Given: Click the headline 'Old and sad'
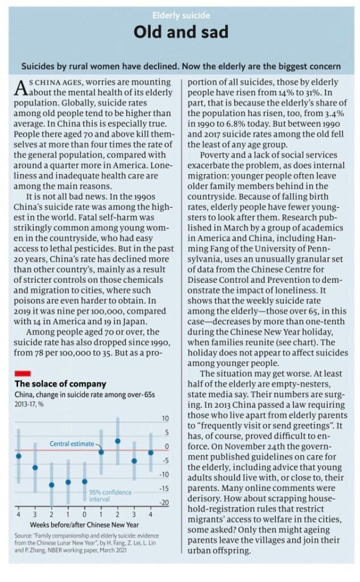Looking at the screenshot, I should pos(180,32).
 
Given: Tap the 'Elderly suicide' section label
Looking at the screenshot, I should pos(180,15).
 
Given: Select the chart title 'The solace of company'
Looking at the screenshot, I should pos(60,383).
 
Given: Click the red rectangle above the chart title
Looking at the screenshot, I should pos(22,372).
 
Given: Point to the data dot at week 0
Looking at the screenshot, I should pos(85,481).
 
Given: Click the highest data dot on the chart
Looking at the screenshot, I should pos(118,441).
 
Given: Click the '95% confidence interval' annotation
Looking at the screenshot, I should pos(110,496).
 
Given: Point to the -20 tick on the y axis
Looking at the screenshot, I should pos(164,502).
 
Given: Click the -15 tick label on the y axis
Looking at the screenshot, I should pos(164,489).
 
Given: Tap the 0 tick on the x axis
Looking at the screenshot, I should pos(85,514).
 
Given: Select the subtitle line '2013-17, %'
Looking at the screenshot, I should pos(31,404).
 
